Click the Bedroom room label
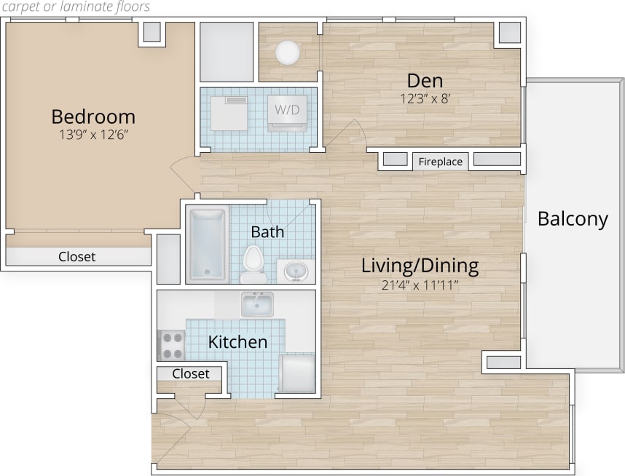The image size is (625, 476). pyautogui.click(x=93, y=116)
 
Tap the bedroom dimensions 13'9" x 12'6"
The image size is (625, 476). pyautogui.click(x=93, y=134)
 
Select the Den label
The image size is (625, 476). pyautogui.click(x=425, y=80)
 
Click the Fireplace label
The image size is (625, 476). pyautogui.click(x=440, y=162)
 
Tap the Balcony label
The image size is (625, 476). pyautogui.click(x=573, y=218)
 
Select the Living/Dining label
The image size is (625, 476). pyautogui.click(x=420, y=266)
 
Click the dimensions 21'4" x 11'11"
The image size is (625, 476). pyautogui.click(x=420, y=285)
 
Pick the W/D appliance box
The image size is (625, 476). pyautogui.click(x=286, y=111)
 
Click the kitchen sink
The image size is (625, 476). pyautogui.click(x=257, y=304)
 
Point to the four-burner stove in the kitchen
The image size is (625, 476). pyautogui.click(x=172, y=345)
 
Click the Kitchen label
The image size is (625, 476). pyautogui.click(x=237, y=341)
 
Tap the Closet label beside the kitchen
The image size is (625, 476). pyautogui.click(x=191, y=373)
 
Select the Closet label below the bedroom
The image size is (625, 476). pyautogui.click(x=77, y=257)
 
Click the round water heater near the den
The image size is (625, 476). pyautogui.click(x=287, y=52)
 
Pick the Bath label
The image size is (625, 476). pyautogui.click(x=267, y=232)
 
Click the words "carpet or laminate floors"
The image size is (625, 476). pyautogui.click(x=75, y=7)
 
